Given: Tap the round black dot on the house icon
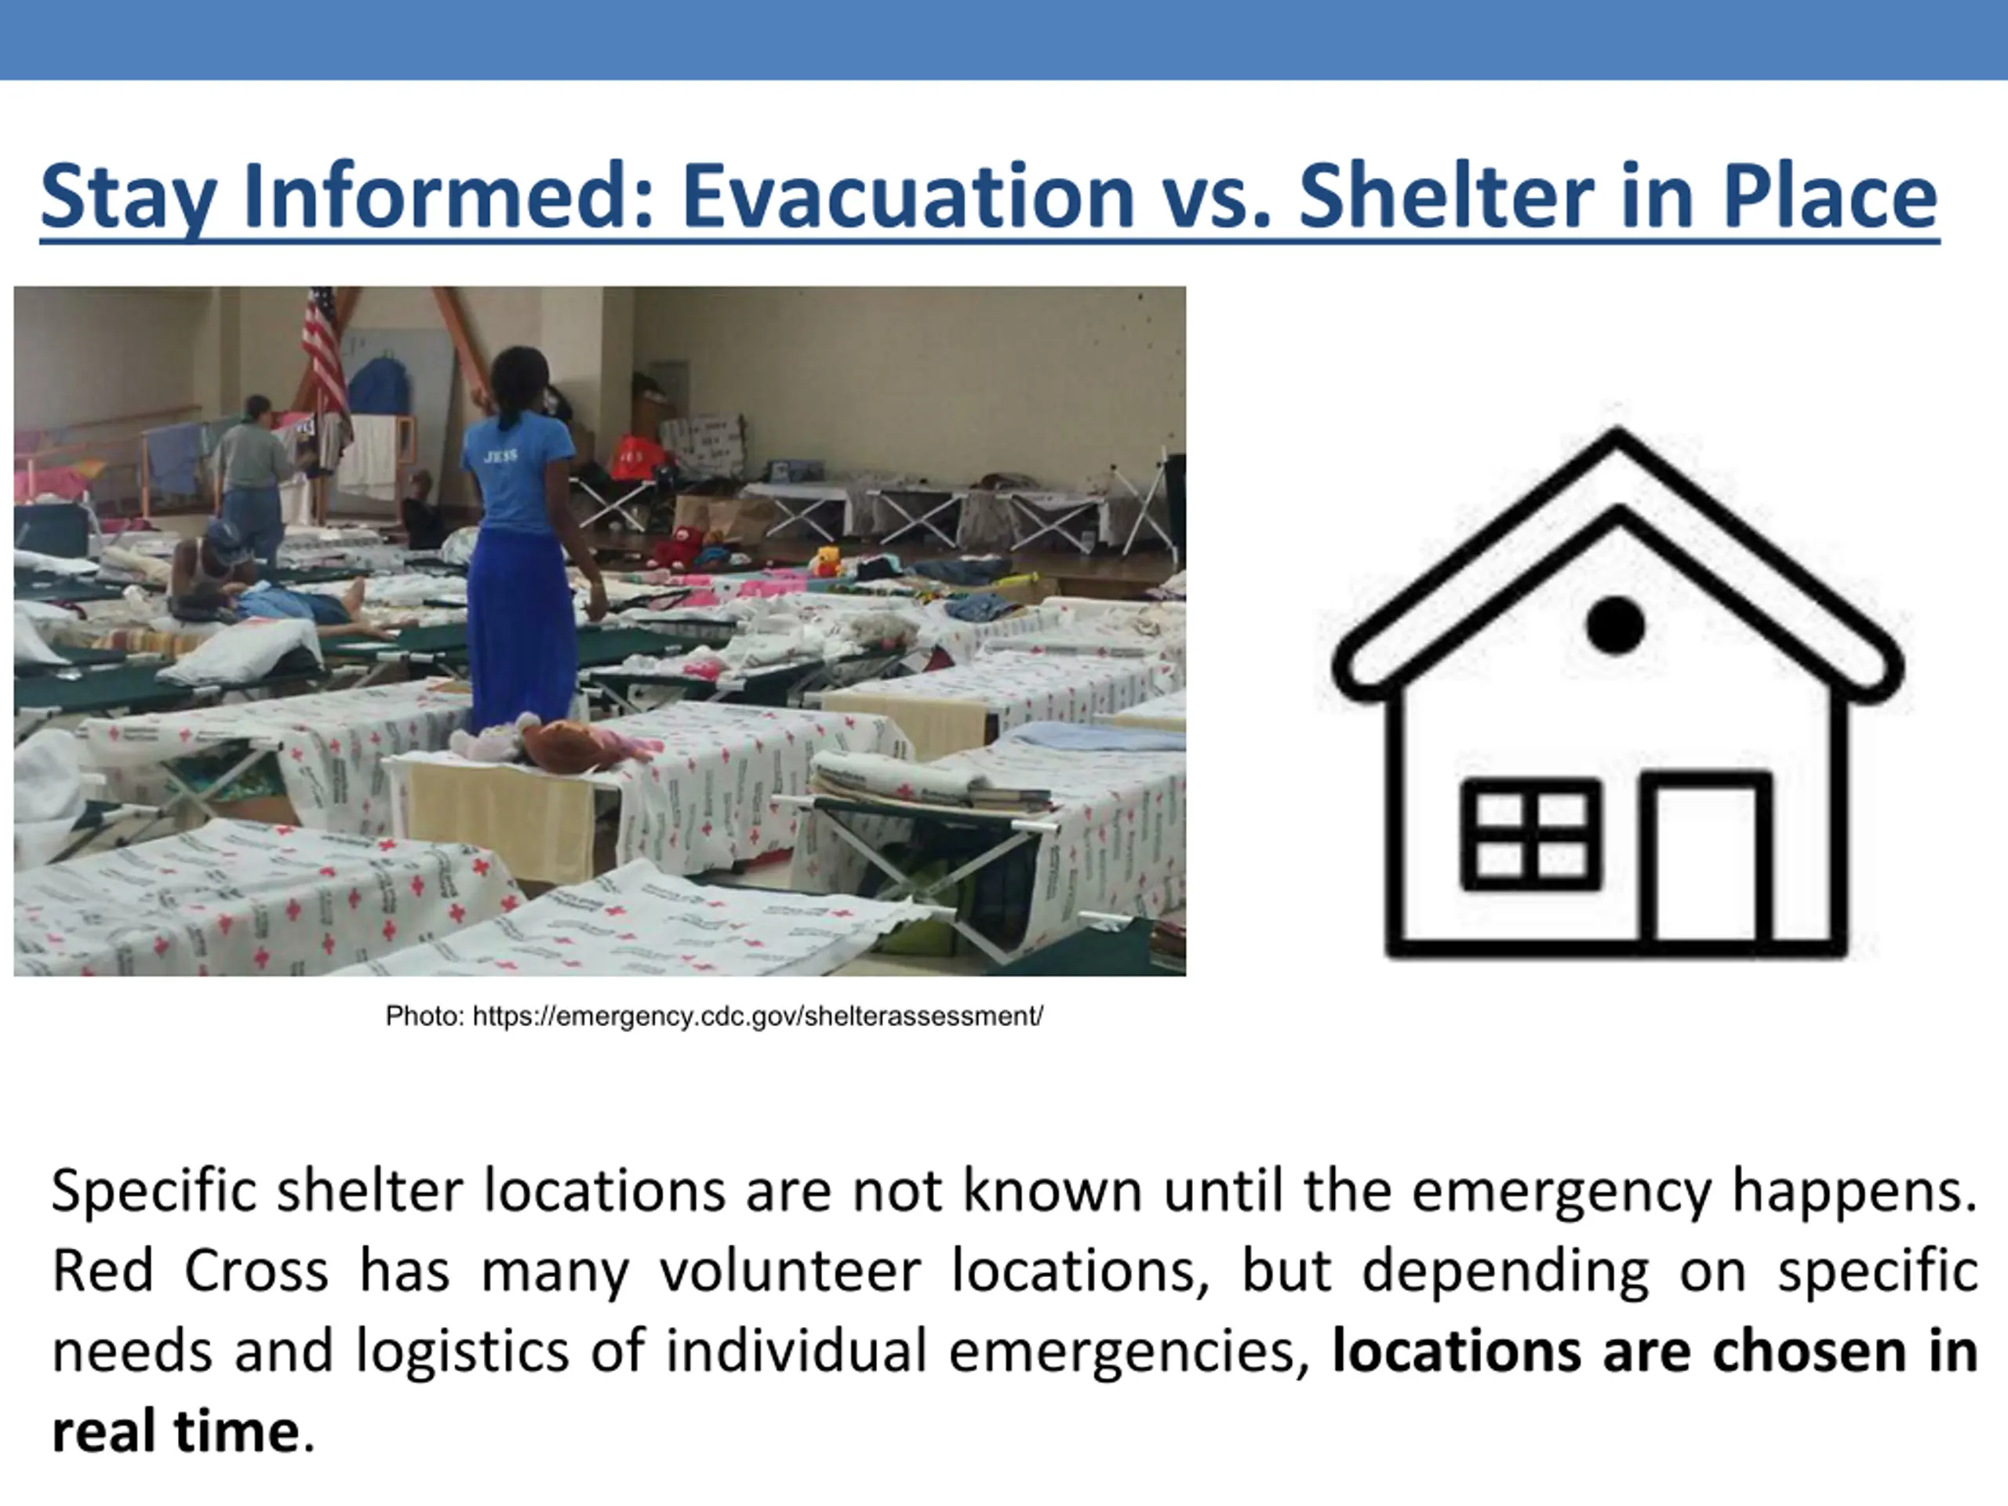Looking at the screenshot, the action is click(x=1615, y=624).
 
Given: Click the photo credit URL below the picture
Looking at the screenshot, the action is click(x=758, y=1016).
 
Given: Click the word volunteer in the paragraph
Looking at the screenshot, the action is click(x=790, y=1271).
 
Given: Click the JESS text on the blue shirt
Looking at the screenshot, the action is click(x=500, y=457).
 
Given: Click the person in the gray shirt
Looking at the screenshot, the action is click(x=253, y=481).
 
